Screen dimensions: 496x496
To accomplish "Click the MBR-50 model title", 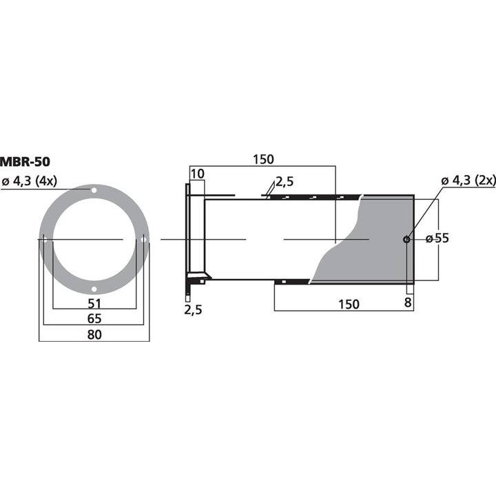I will pyautogui.click(x=25, y=163).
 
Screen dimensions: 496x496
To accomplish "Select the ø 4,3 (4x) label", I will pyautogui.click(x=30, y=181).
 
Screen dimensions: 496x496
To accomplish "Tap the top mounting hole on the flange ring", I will pyautogui.click(x=94, y=190).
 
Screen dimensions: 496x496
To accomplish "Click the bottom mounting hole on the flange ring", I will pyautogui.click(x=94, y=289).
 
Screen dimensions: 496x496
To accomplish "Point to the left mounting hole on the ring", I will pyautogui.click(x=45, y=240).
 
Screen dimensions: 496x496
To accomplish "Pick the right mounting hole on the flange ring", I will pyautogui.click(x=143, y=240).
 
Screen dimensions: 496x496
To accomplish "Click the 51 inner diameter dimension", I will pyautogui.click(x=94, y=304).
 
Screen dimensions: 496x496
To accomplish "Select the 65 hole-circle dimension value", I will pyautogui.click(x=94, y=319).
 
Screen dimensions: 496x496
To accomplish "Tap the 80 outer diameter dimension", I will pyautogui.click(x=94, y=335).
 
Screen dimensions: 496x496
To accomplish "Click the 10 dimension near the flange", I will pyautogui.click(x=198, y=174).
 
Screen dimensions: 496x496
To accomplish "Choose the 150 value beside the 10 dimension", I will pyautogui.click(x=262, y=159).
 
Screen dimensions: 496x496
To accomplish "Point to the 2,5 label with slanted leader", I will pyautogui.click(x=285, y=182).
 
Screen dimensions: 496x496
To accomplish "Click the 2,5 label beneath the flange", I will pyautogui.click(x=193, y=310).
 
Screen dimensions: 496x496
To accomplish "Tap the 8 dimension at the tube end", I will pyautogui.click(x=408, y=302).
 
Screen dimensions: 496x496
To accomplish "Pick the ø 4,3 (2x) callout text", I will pyautogui.click(x=468, y=180).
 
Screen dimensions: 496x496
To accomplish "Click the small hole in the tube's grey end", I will pyautogui.click(x=406, y=240).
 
